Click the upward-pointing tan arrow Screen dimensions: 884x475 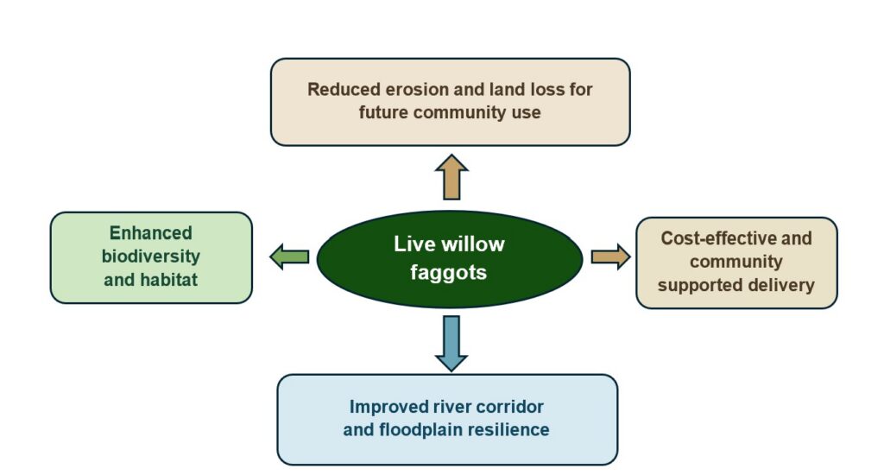pos(451,177)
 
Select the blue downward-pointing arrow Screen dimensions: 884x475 pos(451,343)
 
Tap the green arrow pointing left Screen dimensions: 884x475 pos(290,256)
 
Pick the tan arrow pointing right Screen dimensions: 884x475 pos(610,256)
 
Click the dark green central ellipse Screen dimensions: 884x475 pos(449,259)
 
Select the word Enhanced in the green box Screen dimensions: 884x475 pos(150,232)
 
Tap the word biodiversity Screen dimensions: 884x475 pos(150,256)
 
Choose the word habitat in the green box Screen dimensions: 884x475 pos(168,280)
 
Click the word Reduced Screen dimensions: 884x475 pos(344,89)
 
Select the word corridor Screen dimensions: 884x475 pos(509,407)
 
